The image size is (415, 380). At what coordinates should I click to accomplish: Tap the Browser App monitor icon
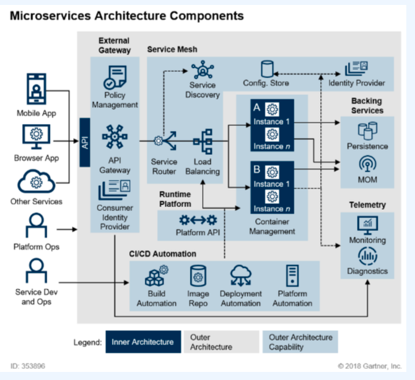(36, 135)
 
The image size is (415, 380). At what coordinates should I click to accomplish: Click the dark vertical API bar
(85, 143)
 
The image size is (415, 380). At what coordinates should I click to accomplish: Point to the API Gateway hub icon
(114, 137)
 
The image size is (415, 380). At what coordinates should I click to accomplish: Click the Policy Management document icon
(114, 77)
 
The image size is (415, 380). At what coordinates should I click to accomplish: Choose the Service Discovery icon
(202, 70)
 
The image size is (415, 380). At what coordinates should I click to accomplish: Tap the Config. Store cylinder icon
(267, 69)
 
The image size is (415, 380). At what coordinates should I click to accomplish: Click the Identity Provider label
(357, 83)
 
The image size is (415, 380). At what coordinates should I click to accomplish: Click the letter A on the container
(257, 107)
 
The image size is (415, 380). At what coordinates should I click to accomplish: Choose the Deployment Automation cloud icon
(240, 275)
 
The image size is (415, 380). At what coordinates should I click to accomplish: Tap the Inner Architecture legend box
(143, 342)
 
